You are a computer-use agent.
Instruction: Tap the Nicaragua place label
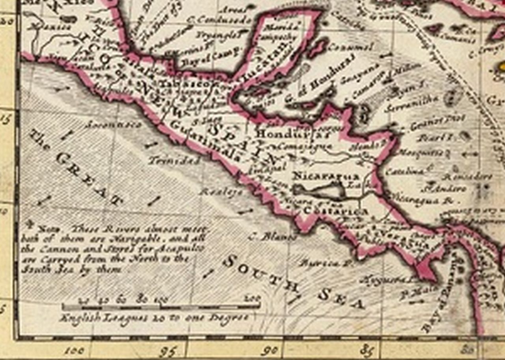tap(325, 176)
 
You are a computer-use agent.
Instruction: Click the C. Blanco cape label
tap(273, 237)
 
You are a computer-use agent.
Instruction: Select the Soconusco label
tap(113, 125)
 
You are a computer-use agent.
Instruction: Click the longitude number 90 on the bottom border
tap(272, 350)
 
